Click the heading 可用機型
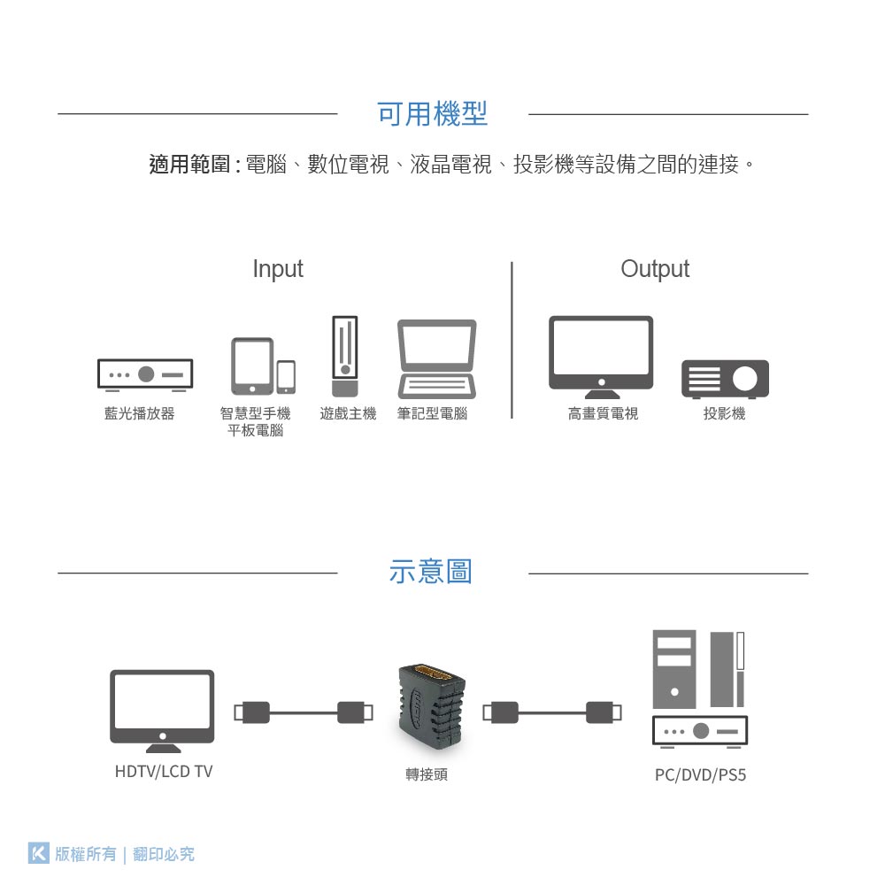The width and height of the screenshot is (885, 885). pyautogui.click(x=432, y=114)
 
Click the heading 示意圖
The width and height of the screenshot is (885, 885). pyautogui.click(x=431, y=572)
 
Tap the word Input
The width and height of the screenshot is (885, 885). pyautogui.click(x=278, y=269)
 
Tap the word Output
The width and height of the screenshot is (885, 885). pyautogui.click(x=655, y=269)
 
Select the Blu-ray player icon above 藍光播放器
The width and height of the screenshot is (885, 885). pyautogui.click(x=145, y=374)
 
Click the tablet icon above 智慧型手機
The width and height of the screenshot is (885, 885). pyautogui.click(x=252, y=366)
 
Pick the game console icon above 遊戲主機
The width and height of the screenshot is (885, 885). pyautogui.click(x=345, y=356)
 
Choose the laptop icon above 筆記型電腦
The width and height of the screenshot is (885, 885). pyautogui.click(x=437, y=358)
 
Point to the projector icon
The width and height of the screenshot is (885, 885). pyautogui.click(x=725, y=379)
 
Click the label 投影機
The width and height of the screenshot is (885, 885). pyautogui.click(x=725, y=414)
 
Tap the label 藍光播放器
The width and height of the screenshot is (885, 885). pyautogui.click(x=140, y=414)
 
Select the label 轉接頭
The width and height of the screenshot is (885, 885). pyautogui.click(x=427, y=774)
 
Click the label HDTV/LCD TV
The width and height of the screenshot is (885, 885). pyautogui.click(x=164, y=772)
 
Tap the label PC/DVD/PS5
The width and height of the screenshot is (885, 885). pyautogui.click(x=700, y=775)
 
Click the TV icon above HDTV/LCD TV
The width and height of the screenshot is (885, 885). pyautogui.click(x=162, y=709)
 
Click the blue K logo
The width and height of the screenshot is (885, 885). pyautogui.click(x=38, y=853)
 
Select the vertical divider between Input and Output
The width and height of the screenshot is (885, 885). pyautogui.click(x=512, y=340)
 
